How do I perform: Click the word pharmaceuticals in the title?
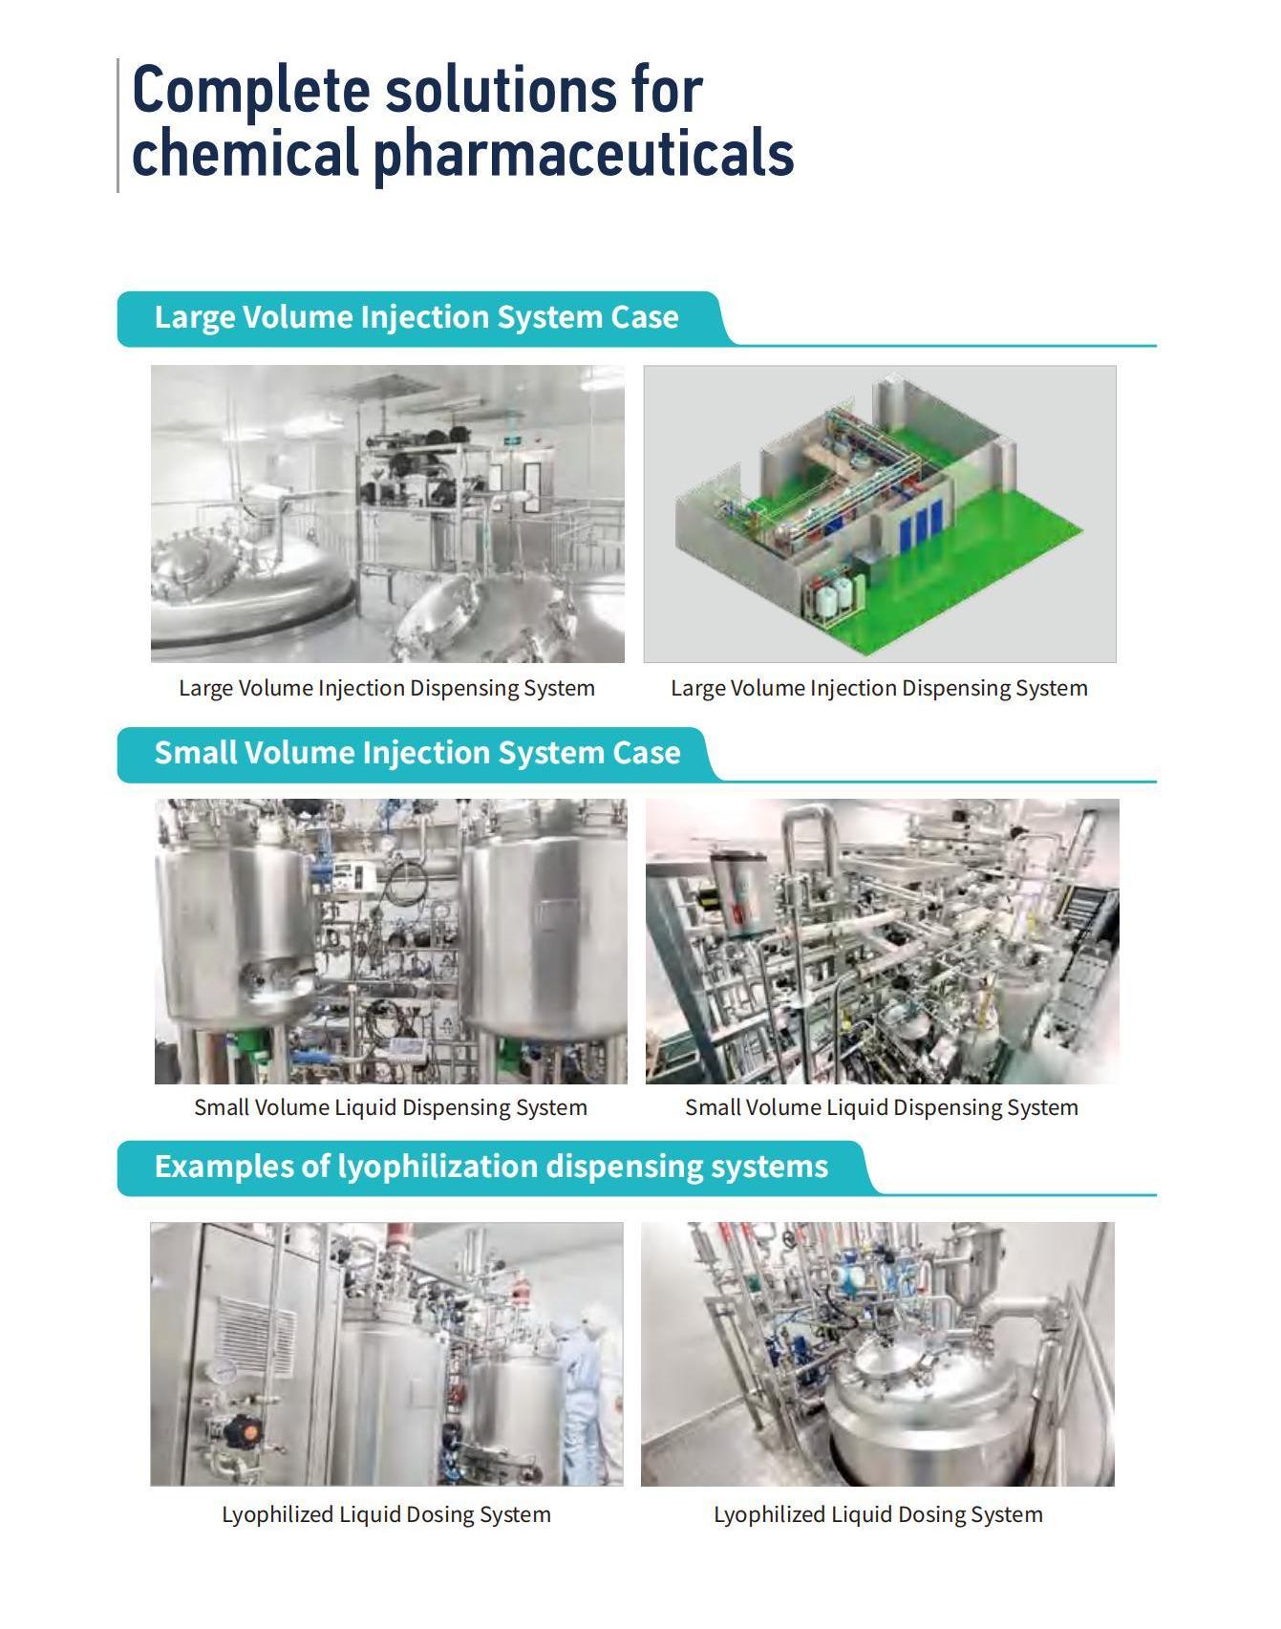tap(583, 153)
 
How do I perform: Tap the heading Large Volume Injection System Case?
tap(416, 317)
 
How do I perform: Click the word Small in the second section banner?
tap(195, 753)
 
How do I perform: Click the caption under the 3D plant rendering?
tap(879, 688)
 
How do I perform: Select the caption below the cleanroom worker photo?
tap(386, 1514)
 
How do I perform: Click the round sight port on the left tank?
tap(260, 976)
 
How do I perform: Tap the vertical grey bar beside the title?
tap(118, 125)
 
